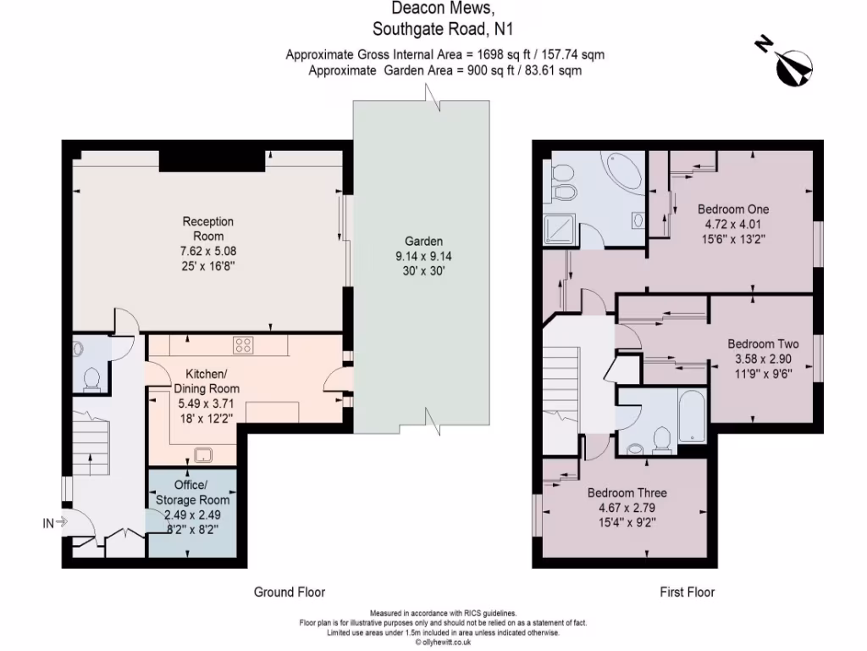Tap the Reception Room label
208,228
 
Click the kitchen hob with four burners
244,345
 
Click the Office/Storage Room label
191,492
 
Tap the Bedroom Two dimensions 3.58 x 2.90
763,359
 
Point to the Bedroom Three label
627,492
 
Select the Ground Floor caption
290,592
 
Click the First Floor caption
687,592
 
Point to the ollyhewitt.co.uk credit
442,643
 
